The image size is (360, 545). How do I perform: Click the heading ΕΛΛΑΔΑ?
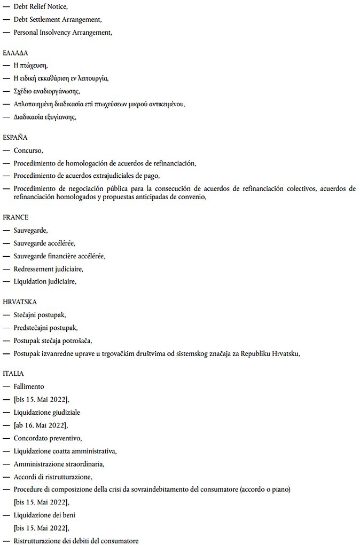click(15, 53)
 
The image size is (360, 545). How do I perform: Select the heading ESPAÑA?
click(14, 138)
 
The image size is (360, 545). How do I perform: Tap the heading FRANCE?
click(15, 218)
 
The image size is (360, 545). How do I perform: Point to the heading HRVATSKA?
click(19, 302)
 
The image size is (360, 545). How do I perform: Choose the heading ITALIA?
click(13, 374)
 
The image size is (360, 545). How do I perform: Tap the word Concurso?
click(28, 151)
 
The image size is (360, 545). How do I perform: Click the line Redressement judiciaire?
click(48, 268)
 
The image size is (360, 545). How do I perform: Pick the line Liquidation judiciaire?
click(45, 281)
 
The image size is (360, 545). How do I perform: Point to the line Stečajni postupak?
click(40, 315)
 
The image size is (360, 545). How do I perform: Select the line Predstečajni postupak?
click(45, 328)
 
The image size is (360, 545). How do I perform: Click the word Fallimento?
click(29, 386)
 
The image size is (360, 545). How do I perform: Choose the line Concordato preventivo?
click(48, 438)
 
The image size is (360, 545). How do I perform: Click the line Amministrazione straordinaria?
click(59, 464)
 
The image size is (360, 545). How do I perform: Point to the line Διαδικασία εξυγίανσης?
click(45, 117)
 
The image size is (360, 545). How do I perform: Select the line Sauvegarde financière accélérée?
click(59, 256)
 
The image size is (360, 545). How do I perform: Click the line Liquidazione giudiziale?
click(47, 413)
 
